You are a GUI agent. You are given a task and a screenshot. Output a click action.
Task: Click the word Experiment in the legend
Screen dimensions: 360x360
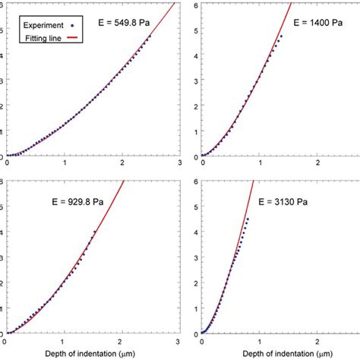point(35,24)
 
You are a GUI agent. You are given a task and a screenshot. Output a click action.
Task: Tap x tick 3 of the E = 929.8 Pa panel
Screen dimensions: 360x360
point(178,340)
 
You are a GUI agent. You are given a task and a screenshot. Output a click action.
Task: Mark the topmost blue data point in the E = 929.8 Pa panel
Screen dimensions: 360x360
point(94,232)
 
